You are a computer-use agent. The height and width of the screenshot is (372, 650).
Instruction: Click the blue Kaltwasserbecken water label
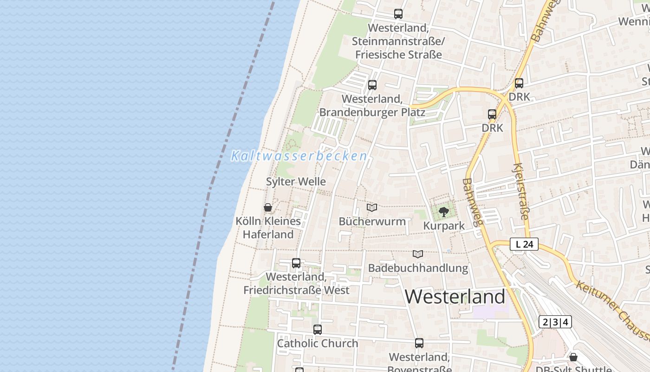(299, 156)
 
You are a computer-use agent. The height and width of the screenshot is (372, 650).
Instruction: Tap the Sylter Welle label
(296, 181)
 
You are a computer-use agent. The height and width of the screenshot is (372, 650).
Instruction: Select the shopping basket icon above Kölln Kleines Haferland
(268, 207)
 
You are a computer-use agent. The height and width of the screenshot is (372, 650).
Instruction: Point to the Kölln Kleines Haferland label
(268, 227)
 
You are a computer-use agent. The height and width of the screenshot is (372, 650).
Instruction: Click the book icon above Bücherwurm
(372, 207)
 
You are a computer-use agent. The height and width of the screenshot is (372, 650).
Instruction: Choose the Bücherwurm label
(372, 221)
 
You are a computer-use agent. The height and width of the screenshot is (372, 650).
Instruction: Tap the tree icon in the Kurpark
(444, 212)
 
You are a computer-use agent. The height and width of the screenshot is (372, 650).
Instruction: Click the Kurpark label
(444, 226)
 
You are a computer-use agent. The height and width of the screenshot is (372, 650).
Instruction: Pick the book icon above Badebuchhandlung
(418, 254)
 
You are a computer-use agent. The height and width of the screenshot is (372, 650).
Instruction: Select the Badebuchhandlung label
(418, 268)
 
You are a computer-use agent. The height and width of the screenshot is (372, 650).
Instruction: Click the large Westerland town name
(455, 297)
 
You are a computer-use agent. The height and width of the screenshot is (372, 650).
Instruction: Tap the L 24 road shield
(524, 244)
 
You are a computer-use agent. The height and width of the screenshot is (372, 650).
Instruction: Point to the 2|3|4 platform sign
(555, 322)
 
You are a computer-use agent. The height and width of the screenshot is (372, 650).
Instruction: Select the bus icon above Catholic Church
(318, 330)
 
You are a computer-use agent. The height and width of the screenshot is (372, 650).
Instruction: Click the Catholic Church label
(318, 344)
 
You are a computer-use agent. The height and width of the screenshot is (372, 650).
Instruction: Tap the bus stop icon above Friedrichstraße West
(296, 263)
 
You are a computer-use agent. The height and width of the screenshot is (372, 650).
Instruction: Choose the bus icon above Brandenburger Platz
(372, 85)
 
